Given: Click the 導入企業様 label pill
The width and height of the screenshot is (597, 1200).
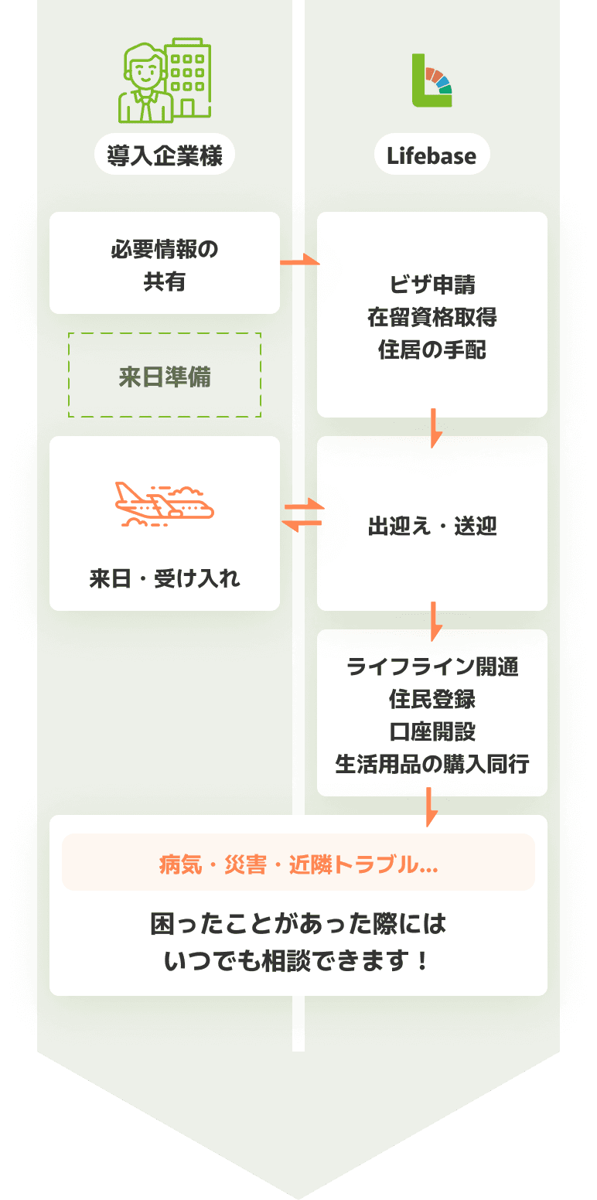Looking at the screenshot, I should (164, 155).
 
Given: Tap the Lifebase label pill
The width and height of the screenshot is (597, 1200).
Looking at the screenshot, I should (432, 155).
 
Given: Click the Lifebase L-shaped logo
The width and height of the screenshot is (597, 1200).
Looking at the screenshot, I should (432, 80).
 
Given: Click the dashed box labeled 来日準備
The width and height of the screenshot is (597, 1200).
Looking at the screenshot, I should (165, 377).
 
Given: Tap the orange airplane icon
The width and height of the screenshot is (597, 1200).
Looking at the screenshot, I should (165, 503).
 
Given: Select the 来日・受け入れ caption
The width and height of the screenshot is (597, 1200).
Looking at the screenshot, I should (165, 578).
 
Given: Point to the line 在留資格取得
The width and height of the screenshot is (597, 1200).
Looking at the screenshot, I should (432, 317).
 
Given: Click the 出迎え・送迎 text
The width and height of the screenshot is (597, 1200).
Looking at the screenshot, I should (432, 527).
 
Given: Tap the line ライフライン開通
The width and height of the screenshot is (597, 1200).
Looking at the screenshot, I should (432, 666).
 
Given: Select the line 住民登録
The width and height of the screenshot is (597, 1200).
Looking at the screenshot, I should (432, 699).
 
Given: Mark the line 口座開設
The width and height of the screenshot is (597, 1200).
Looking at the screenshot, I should (432, 731).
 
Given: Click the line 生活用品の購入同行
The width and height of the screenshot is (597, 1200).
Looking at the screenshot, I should (432, 764).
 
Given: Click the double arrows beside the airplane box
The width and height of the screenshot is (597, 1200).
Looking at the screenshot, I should (302, 514).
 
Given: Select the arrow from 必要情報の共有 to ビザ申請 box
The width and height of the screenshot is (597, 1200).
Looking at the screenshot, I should (299, 262).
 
